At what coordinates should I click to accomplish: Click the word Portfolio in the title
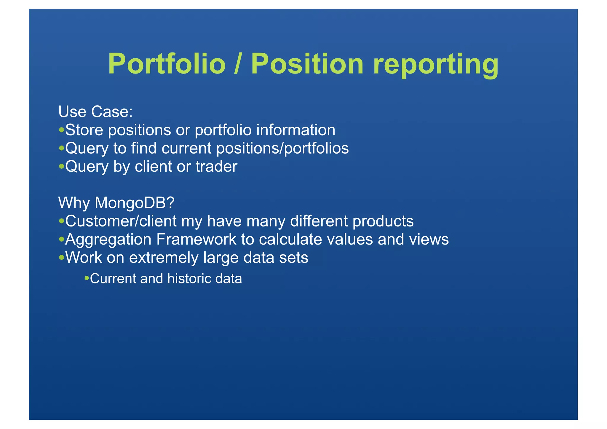point(167,64)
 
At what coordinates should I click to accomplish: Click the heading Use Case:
point(95,112)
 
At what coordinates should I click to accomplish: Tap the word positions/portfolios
point(282,148)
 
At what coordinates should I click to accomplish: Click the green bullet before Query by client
point(61,166)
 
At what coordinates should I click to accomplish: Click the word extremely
point(164,257)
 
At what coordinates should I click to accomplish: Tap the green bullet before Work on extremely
point(61,257)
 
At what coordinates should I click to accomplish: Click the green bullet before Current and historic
point(87,278)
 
